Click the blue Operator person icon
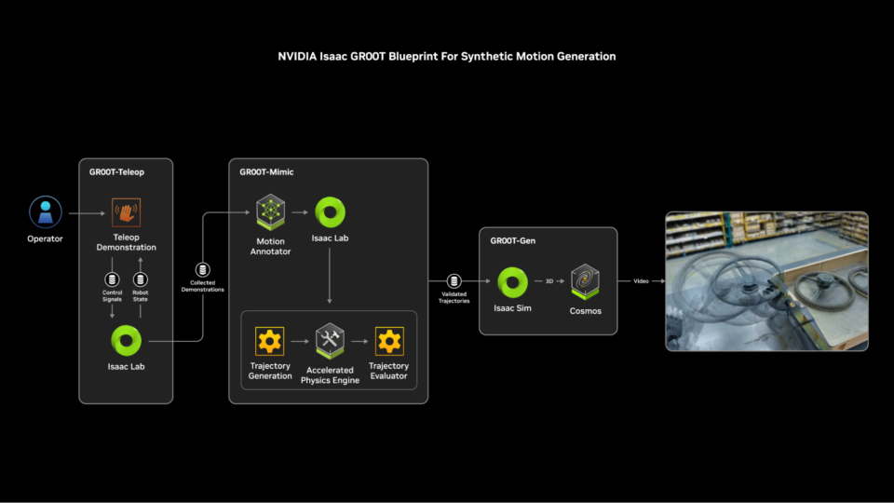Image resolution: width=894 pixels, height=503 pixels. point(45,211)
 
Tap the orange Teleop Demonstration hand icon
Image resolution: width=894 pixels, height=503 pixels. point(127,212)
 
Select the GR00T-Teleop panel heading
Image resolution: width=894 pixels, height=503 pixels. point(117,171)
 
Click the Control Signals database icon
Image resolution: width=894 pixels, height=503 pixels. point(112,279)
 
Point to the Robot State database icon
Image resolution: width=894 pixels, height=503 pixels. point(141,279)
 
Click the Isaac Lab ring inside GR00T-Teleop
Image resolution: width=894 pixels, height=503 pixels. point(126,340)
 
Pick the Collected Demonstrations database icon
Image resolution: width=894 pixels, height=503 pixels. point(202,270)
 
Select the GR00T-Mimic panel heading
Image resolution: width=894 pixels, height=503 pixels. point(266,171)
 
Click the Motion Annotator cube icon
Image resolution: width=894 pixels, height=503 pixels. point(271,211)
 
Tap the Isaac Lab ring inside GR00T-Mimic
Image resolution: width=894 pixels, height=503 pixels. point(331,211)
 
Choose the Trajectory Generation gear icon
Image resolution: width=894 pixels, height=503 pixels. point(270,341)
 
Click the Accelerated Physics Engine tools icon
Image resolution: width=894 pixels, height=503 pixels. point(330,341)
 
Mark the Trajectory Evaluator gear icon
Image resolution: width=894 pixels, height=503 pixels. point(388,341)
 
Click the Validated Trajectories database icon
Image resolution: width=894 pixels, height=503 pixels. point(454,280)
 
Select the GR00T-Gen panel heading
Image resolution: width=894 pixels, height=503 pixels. point(514,240)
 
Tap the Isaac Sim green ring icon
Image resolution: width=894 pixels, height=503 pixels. point(512,280)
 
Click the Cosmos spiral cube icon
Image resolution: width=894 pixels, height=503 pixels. point(585,280)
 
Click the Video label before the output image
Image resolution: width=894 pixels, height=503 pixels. point(641,280)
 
